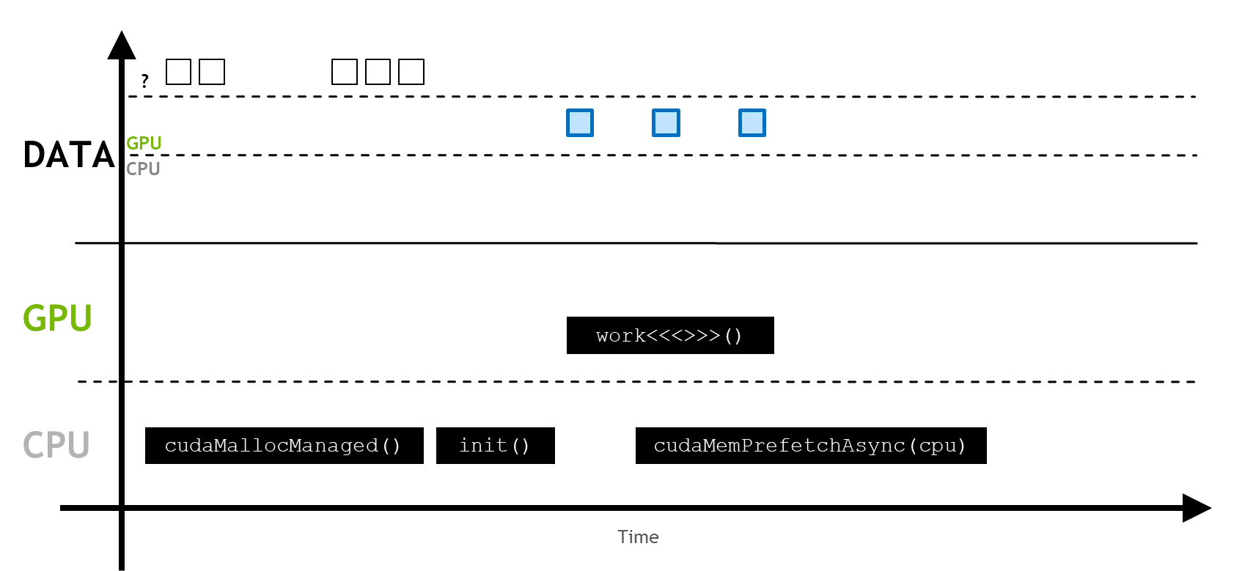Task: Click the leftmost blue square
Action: point(581,123)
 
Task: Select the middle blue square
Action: point(666,123)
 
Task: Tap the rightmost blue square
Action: point(751,123)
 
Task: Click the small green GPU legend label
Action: point(144,144)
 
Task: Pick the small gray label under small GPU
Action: point(144,168)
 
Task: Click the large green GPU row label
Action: point(59,317)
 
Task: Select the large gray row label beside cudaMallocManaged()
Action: point(59,445)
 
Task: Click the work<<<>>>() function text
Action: point(669,336)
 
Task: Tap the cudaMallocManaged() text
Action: point(283,446)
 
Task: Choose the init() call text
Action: point(494,446)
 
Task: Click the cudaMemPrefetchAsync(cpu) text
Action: point(810,446)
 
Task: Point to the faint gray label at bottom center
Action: point(639,538)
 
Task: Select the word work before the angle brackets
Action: point(620,336)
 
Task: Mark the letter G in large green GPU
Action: point(35,317)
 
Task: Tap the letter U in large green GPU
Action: point(82,317)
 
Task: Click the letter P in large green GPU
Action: point(59,317)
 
